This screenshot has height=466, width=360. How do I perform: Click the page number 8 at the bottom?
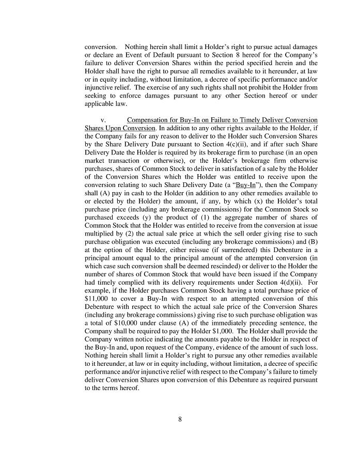click(180, 419)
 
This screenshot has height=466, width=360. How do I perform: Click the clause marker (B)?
click(312, 241)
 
